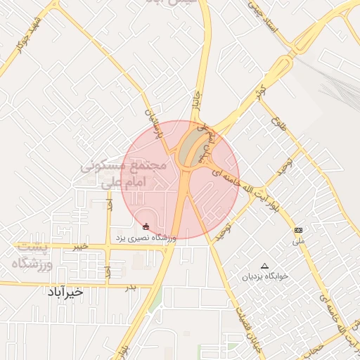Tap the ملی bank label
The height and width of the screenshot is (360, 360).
coord(300,240)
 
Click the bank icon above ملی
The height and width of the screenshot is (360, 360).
coord(299,230)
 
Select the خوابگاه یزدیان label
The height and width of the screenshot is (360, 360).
coord(266,276)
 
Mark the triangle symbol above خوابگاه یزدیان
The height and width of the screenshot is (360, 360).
coord(264,266)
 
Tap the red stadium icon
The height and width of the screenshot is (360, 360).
coord(146,226)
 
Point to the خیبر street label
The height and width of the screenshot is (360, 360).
coord(81,247)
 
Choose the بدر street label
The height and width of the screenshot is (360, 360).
coord(130,287)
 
